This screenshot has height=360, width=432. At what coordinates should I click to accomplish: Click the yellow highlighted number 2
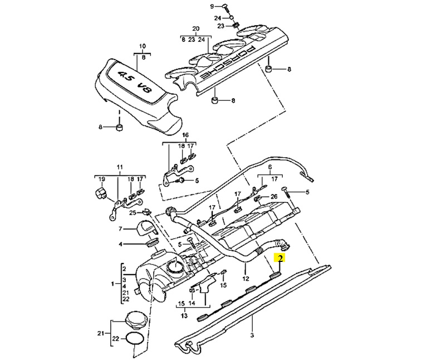[280, 259]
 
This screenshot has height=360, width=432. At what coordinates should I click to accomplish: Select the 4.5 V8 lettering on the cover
[136, 82]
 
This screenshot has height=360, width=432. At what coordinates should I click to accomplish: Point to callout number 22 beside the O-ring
[116, 338]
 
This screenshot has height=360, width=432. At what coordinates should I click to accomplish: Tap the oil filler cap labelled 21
[135, 322]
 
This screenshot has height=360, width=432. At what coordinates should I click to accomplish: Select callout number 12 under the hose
[246, 279]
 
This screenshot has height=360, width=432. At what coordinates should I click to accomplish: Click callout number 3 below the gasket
[252, 335]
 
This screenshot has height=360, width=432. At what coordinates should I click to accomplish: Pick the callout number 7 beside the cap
[120, 228]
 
